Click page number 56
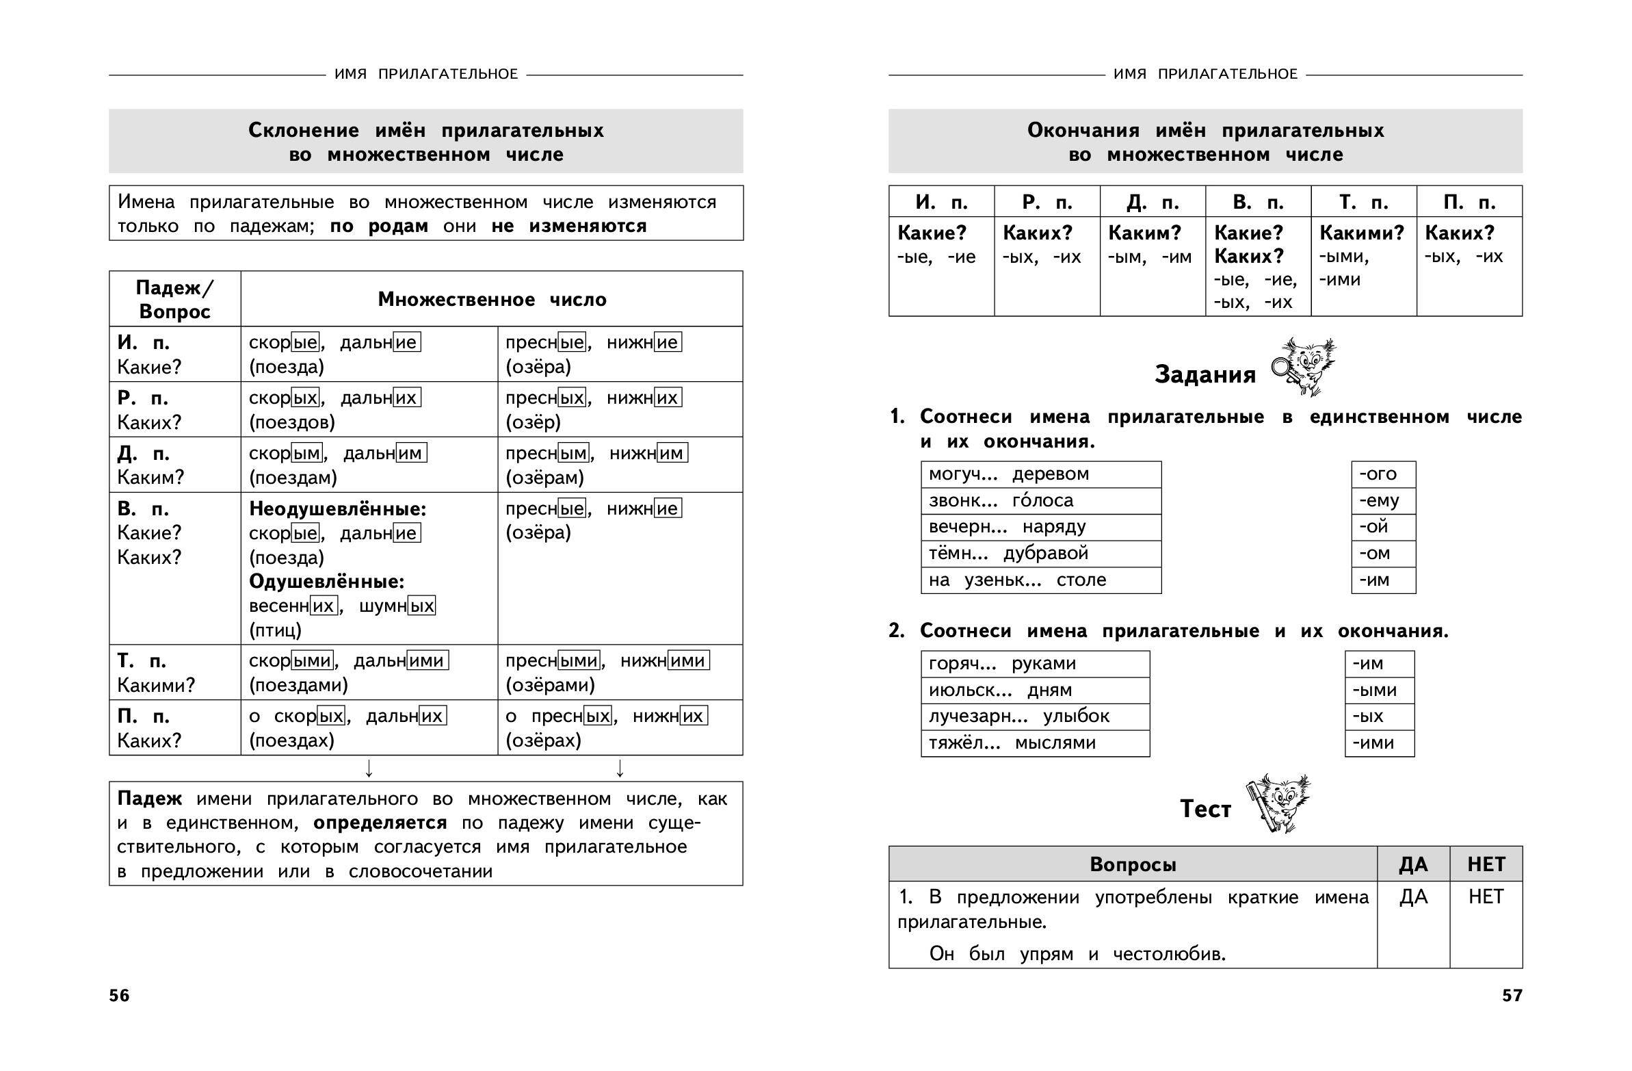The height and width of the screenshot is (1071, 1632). [x=118, y=996]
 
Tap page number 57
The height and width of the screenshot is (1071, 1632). [x=1512, y=996]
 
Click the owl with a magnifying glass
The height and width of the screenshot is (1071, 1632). [x=1304, y=366]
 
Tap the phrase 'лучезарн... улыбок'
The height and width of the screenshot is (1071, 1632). [x=1018, y=717]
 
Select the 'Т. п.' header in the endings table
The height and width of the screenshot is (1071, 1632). [x=1363, y=203]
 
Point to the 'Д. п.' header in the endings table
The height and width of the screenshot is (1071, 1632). [x=1152, y=203]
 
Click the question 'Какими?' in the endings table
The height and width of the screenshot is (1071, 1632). [x=1361, y=233]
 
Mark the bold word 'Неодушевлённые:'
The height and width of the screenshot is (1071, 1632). [x=337, y=509]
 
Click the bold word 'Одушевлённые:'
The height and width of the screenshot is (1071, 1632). [x=326, y=582]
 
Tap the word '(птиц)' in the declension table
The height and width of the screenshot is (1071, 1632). [x=275, y=630]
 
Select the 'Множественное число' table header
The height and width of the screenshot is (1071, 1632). [x=492, y=300]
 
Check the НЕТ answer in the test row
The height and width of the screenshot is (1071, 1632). [x=1485, y=896]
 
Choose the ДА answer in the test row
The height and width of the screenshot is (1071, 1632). [x=1413, y=896]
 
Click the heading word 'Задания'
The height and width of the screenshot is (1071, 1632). [x=1205, y=374]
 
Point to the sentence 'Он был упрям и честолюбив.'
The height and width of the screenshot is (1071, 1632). [x=1077, y=954]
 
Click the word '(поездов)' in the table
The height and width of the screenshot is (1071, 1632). [x=291, y=422]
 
